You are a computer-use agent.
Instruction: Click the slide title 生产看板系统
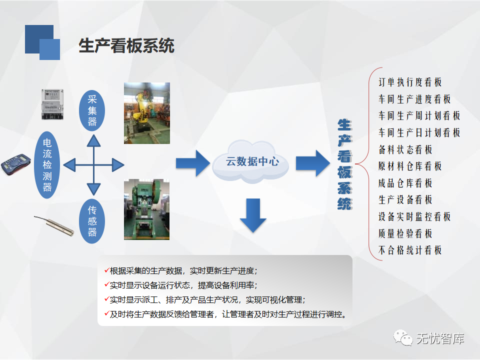click(x=126, y=46)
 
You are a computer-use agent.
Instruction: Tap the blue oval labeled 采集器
click(x=92, y=110)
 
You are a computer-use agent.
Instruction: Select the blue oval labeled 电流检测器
click(x=47, y=164)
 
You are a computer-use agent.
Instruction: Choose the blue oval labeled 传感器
click(x=92, y=221)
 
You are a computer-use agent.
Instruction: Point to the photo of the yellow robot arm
click(x=147, y=113)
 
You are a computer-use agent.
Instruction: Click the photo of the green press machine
click(x=146, y=209)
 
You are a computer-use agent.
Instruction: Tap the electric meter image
click(x=52, y=104)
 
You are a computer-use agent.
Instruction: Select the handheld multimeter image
click(x=16, y=164)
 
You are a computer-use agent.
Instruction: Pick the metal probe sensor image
click(x=54, y=225)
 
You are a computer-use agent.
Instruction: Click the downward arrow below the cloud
click(x=253, y=215)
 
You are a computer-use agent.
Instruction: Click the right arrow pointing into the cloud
click(x=193, y=163)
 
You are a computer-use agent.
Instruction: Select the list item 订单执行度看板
click(x=410, y=82)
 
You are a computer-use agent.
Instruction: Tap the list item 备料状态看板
click(x=405, y=149)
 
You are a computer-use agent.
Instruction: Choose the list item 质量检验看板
click(x=405, y=233)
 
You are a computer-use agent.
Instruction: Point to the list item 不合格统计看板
click(x=410, y=250)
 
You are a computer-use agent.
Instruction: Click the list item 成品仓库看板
click(x=405, y=183)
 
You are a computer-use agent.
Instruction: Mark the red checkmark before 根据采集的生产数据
click(x=107, y=270)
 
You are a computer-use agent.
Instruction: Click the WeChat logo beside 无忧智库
click(x=403, y=338)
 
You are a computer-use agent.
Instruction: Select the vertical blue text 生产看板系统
click(x=344, y=164)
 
